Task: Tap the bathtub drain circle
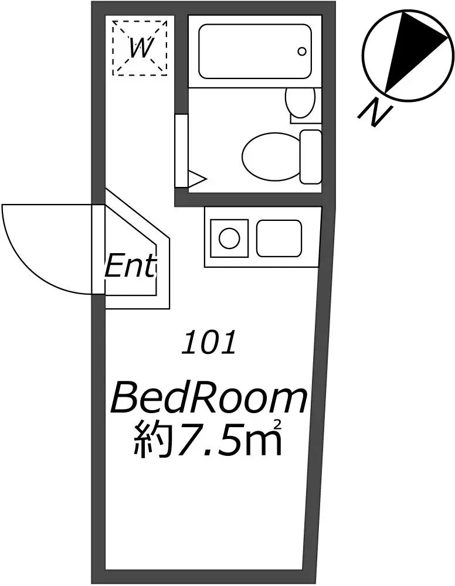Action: pos(302,51)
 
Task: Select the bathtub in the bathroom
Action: pos(255,51)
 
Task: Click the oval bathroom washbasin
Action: pos(300,101)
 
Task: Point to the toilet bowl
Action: pos(271,157)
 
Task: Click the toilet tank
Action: pos(311,157)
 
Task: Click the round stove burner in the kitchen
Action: pos(229,238)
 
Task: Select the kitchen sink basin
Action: pos(279,238)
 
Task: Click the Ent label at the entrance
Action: pos(130,266)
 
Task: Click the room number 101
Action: pos(209,342)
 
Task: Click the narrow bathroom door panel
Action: pos(181,151)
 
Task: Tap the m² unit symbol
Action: pos(263,439)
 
